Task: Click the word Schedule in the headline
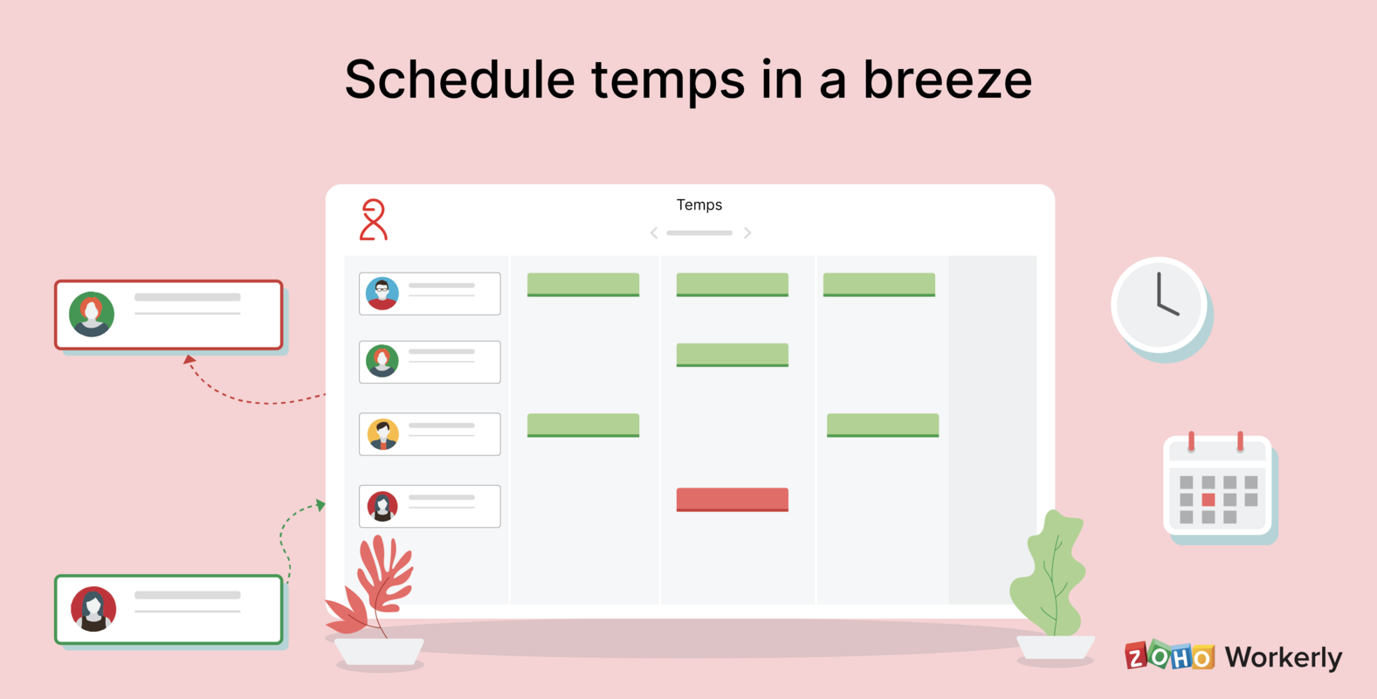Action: tap(459, 80)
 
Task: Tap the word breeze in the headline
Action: tap(947, 80)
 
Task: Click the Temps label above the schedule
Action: tap(699, 204)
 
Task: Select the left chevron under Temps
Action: tap(654, 233)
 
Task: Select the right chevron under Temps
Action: tap(747, 233)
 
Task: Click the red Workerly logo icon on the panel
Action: tap(374, 219)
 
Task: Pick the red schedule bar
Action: tap(732, 499)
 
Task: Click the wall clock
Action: tap(1159, 304)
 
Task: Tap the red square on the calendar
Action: tap(1208, 500)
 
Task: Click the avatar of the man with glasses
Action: tap(382, 294)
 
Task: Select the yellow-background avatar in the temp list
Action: tap(382, 434)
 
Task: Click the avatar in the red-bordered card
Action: tap(92, 315)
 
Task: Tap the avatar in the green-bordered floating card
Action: tap(93, 609)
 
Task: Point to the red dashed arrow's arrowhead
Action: tap(189, 358)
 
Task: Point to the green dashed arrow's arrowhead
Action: tap(320, 505)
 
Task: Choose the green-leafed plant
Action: tap(1050, 572)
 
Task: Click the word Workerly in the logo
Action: tap(1283, 657)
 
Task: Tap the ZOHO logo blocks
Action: tap(1169, 655)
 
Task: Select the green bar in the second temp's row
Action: tap(732, 355)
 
